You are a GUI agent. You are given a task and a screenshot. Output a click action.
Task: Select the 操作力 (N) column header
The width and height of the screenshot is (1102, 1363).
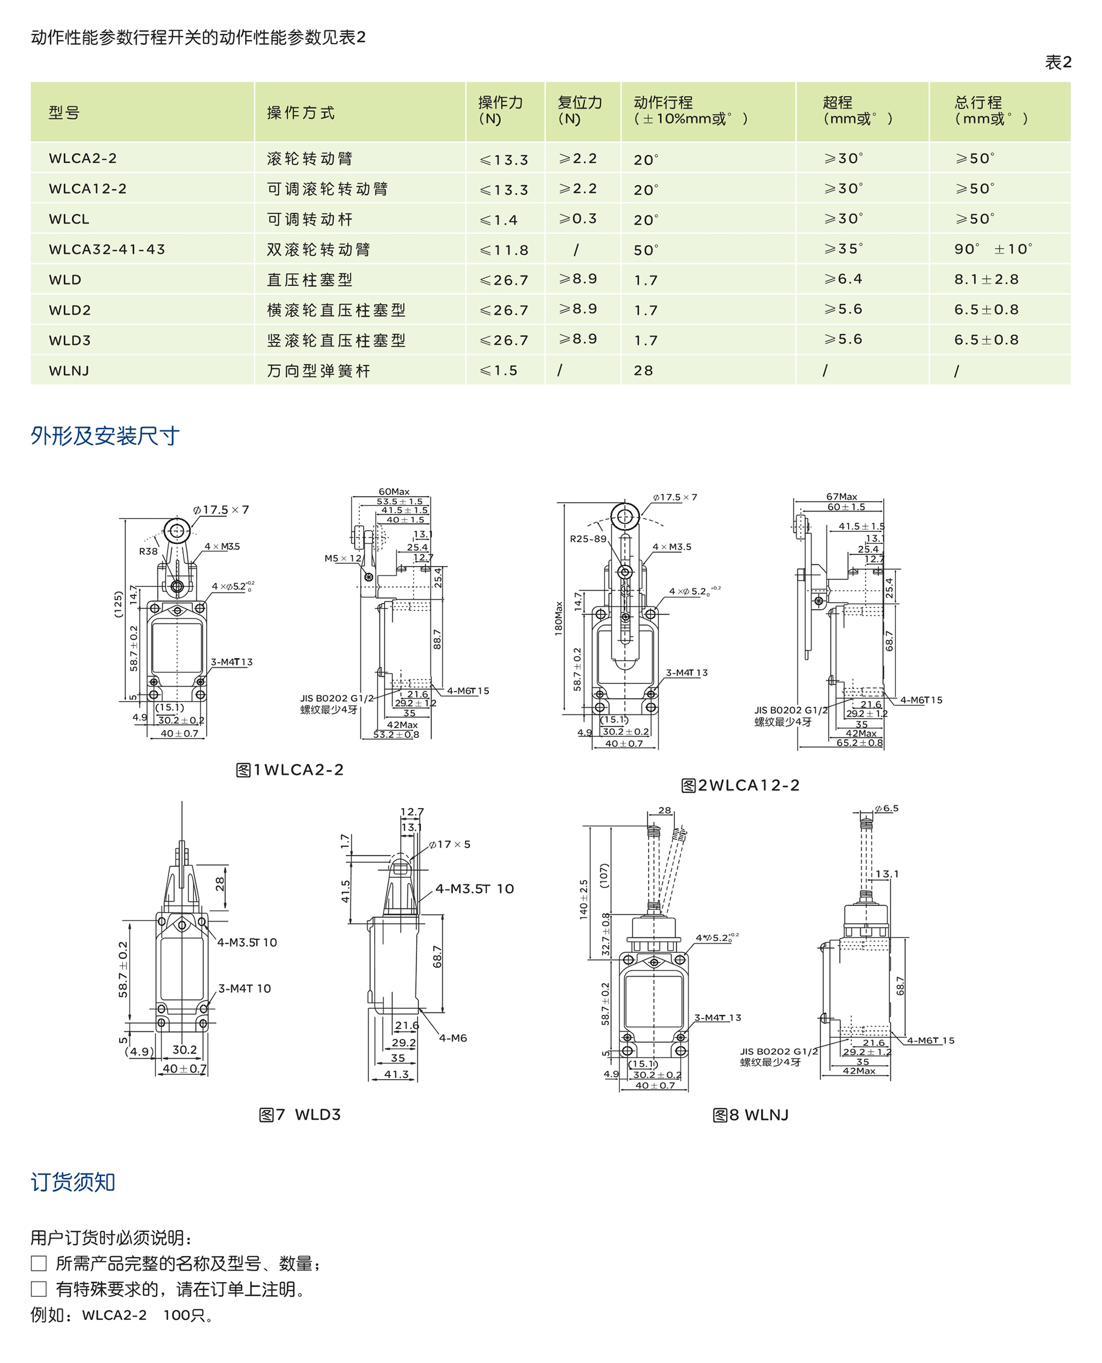coord(500,110)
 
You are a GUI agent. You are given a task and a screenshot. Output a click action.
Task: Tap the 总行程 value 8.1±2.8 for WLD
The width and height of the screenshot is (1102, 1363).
coord(986,279)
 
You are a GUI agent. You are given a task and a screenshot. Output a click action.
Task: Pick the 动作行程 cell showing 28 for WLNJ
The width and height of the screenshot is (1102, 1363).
coord(643,371)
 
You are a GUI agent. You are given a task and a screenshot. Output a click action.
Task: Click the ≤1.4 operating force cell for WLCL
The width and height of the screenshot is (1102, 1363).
coord(499,220)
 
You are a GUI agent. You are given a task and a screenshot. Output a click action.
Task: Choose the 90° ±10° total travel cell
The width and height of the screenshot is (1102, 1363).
coord(993,250)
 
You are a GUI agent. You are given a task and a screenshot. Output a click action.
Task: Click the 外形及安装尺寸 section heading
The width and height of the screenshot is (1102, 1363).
coord(105,436)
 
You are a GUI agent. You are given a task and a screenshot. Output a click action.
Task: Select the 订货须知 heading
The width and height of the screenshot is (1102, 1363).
coord(73,1182)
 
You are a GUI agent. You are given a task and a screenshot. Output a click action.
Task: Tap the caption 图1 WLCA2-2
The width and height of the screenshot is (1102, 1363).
coord(289,770)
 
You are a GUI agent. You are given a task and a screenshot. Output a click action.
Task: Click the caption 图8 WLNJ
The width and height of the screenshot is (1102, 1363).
coord(750,1115)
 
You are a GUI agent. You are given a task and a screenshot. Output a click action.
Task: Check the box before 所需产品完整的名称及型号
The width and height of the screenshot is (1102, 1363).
coord(39,1263)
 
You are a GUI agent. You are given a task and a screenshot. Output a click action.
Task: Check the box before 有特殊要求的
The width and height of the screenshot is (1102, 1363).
coord(39,1289)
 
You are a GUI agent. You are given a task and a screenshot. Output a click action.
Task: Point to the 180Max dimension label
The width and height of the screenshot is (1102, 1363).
coord(559,618)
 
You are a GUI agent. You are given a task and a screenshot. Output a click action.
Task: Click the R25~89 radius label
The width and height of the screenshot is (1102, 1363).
coord(588,539)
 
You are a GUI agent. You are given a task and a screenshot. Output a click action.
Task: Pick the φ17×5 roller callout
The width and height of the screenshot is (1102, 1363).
coord(450,844)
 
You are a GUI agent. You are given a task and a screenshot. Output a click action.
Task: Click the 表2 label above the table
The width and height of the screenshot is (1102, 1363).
coord(1057,62)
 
